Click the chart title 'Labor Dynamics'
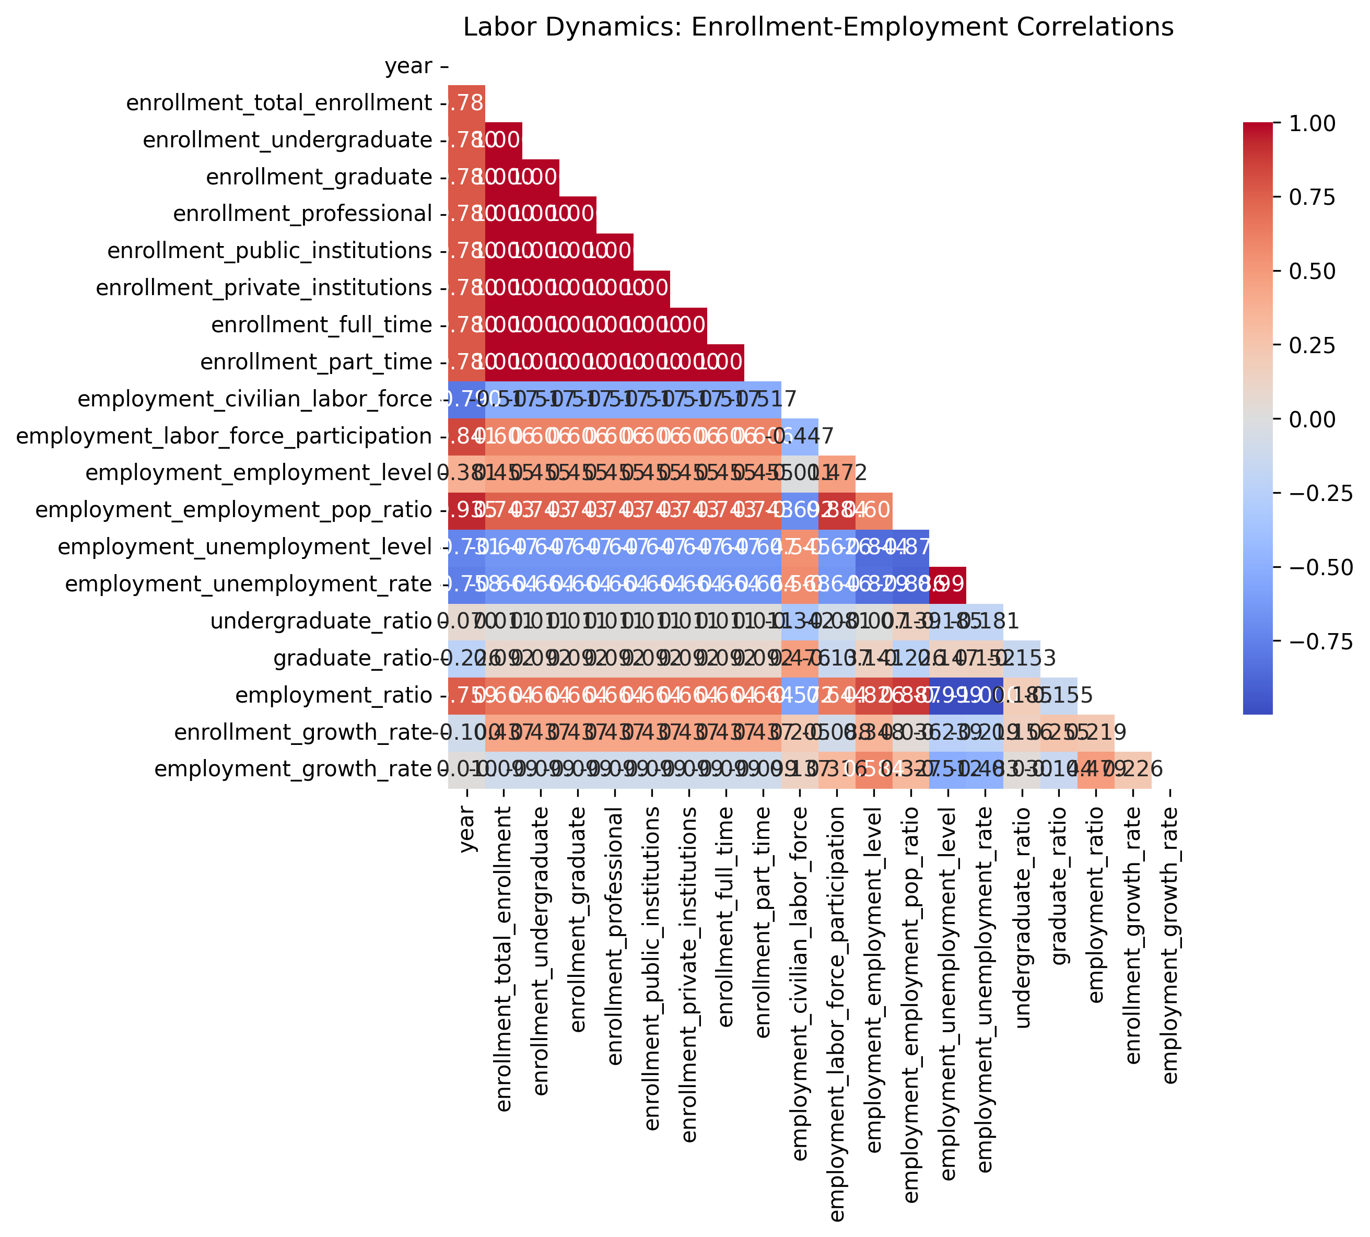(818, 27)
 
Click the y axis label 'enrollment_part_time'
(316, 362)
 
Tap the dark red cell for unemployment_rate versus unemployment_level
(947, 585)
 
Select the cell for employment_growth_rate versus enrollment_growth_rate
(1132, 769)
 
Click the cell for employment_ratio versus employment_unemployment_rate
(984, 695)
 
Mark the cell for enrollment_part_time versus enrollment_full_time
(726, 362)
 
